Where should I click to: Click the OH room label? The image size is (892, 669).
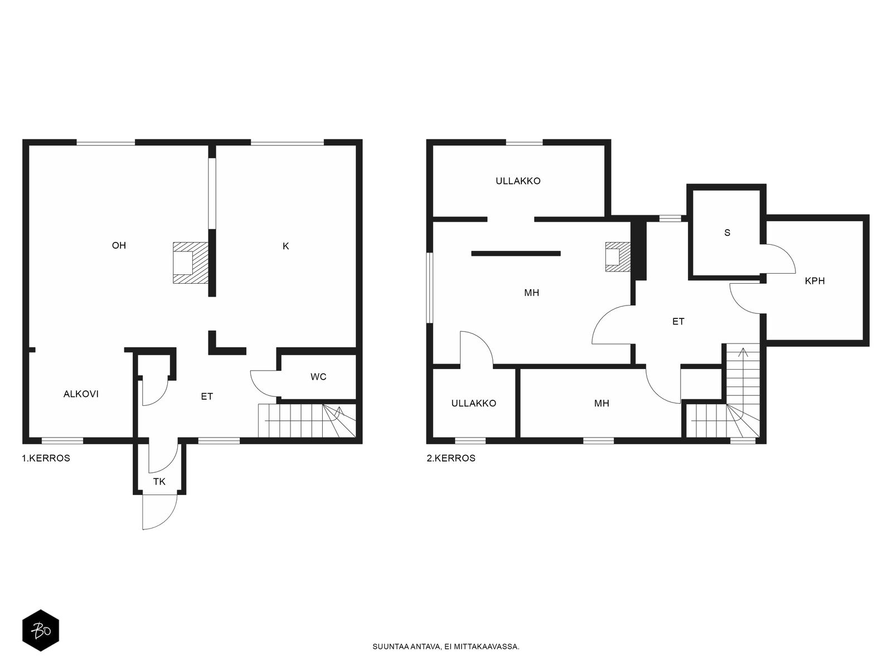click(x=119, y=245)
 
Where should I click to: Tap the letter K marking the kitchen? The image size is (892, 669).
click(x=285, y=246)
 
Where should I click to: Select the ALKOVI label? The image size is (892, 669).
click(x=81, y=394)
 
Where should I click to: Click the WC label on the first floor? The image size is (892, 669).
click(x=318, y=377)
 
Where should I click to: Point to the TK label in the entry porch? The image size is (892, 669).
click(x=159, y=482)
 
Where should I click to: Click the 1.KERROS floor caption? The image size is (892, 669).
click(x=46, y=458)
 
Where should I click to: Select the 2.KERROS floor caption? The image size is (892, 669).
click(x=451, y=458)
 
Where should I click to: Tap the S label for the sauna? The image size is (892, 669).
click(x=728, y=232)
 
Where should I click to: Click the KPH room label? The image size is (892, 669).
click(x=815, y=280)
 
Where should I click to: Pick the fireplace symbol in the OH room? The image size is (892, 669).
click(x=191, y=263)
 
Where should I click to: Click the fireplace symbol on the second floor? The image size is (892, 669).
click(x=618, y=256)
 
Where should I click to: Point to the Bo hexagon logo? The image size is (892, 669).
click(x=41, y=631)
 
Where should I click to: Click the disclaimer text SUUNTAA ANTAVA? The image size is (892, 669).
click(x=406, y=647)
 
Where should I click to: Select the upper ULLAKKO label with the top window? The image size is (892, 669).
click(x=518, y=181)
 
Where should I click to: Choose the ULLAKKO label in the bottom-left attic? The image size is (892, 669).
click(x=474, y=403)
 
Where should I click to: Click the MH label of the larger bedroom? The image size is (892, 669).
click(x=531, y=293)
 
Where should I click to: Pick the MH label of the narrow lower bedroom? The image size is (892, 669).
click(x=602, y=403)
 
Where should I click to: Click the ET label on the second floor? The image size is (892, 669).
click(x=678, y=322)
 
